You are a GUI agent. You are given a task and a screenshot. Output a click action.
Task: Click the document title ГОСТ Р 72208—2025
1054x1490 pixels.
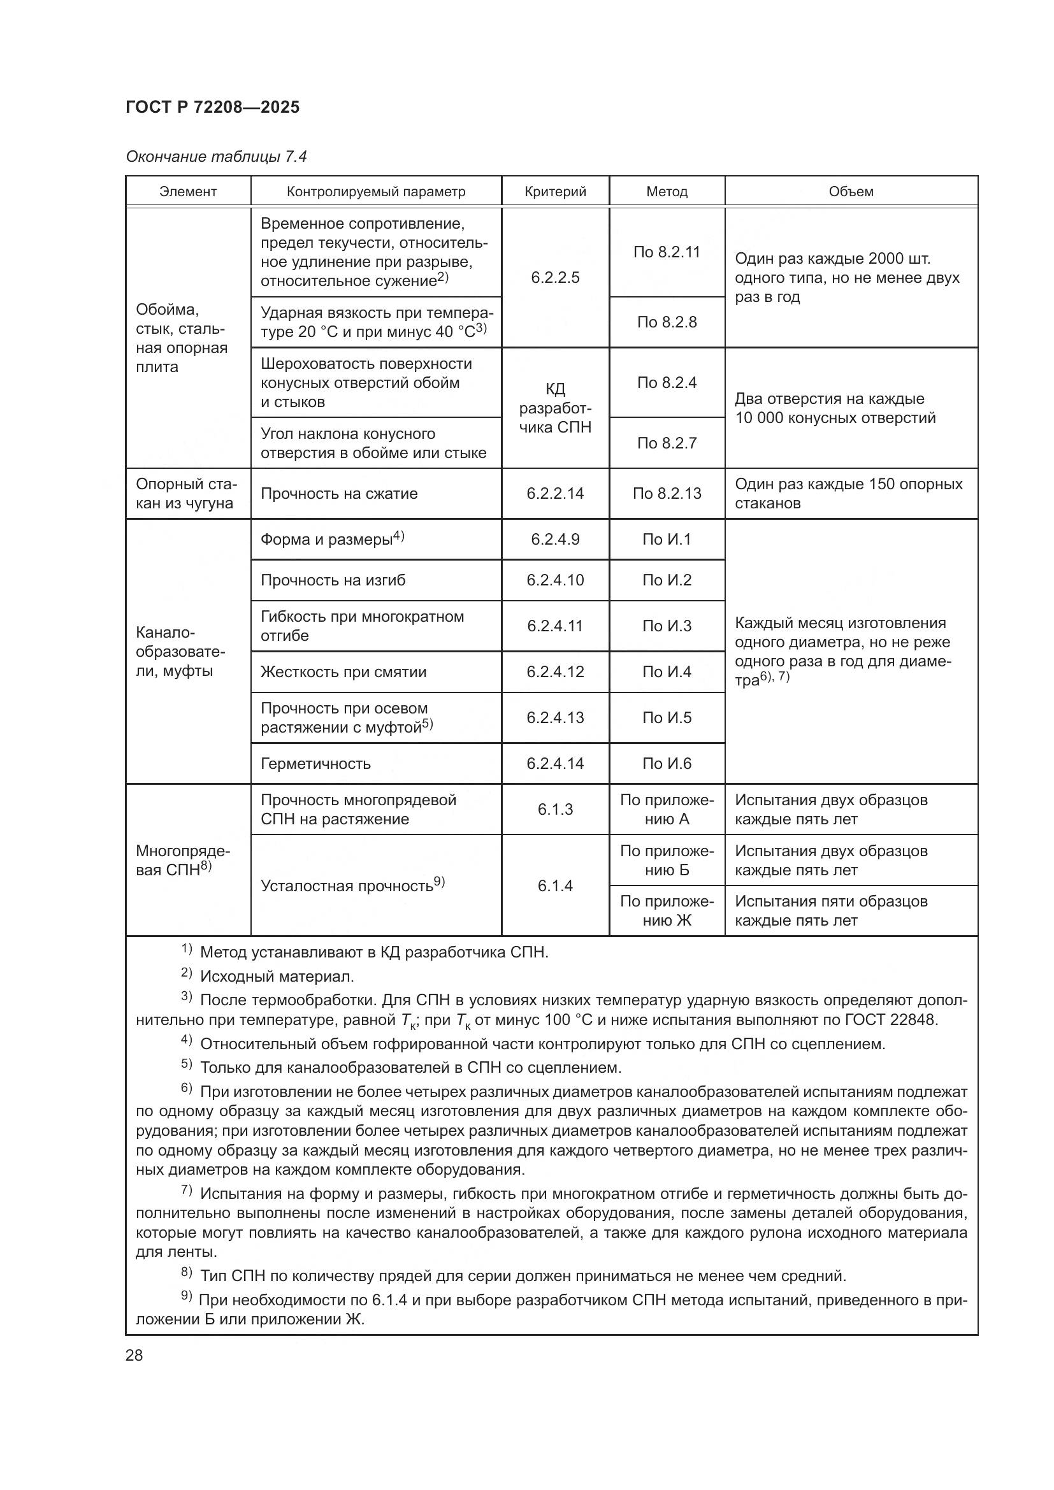212,107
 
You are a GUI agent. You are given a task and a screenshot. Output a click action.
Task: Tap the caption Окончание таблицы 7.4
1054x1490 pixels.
216,157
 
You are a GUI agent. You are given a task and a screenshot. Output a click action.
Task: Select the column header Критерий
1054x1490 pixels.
555,192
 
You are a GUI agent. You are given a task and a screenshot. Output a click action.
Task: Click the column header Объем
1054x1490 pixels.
851,192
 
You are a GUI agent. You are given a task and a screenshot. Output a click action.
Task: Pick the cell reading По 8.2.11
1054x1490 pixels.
667,252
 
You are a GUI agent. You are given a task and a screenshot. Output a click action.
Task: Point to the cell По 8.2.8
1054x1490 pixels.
667,322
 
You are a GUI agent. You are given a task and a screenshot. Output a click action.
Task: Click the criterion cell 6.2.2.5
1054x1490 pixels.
555,277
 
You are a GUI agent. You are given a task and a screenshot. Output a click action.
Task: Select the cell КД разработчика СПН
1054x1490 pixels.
555,408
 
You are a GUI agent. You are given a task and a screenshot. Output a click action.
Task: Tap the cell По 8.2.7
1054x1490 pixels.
667,443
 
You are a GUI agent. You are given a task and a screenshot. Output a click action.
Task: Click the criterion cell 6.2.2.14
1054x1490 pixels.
555,493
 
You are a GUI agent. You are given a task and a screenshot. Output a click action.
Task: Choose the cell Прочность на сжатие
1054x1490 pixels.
339,493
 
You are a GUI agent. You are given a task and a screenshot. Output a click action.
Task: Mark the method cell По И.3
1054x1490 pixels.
667,626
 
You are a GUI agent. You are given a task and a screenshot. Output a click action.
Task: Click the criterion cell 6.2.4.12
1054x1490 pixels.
555,671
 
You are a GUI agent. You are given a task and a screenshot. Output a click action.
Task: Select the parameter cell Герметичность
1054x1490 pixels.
315,763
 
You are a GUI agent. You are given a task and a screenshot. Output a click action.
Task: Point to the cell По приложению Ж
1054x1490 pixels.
667,910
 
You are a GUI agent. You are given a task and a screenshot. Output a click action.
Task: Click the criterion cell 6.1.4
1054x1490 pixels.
555,885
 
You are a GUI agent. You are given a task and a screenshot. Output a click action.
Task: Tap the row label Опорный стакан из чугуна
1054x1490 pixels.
186,493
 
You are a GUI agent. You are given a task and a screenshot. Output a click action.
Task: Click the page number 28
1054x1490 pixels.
134,1355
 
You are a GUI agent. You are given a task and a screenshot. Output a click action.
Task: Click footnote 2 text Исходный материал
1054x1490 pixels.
277,976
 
